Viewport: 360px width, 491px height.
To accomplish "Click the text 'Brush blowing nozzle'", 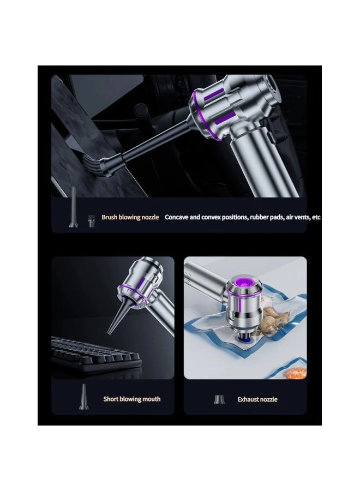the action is (130, 217).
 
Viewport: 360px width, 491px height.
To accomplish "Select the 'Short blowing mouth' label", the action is (132, 399).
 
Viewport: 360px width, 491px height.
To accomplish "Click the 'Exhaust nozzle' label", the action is (257, 399).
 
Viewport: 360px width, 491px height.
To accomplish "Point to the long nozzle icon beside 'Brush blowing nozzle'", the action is (73, 207).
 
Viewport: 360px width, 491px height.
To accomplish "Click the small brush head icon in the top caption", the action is (91, 221).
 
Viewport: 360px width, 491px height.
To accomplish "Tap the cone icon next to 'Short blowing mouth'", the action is (83, 397).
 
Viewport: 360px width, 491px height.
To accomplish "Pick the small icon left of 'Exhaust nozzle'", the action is (219, 399).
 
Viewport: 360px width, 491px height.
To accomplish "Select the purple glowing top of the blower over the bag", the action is (244, 284).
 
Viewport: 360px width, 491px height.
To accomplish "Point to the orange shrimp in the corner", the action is (295, 373).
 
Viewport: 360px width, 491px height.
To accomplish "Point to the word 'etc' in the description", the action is (316, 217).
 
